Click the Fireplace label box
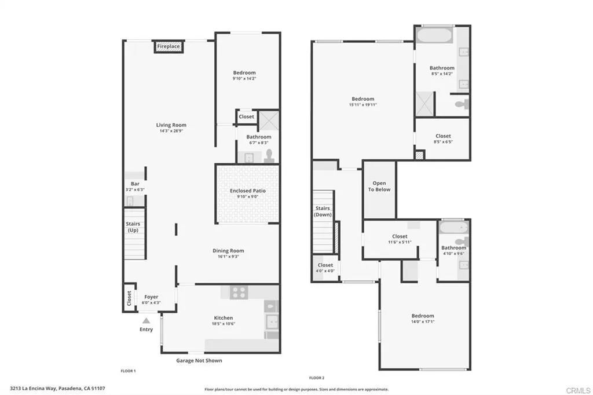point(169,46)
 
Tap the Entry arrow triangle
point(146,320)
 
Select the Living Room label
point(171,125)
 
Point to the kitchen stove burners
point(239,293)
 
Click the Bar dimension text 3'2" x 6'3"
point(134,189)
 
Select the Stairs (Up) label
point(133,227)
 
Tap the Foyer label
point(151,297)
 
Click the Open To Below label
point(379,186)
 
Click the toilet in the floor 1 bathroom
point(269,156)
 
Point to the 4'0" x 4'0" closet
point(325,268)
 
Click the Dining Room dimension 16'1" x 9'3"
point(229,257)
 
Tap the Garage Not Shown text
point(199,360)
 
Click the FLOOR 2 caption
point(317,378)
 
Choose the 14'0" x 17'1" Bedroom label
point(423,316)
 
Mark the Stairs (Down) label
point(323,211)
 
